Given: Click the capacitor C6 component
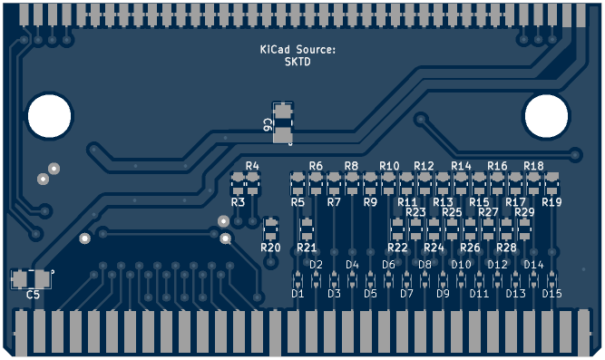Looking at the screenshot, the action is (x=283, y=123).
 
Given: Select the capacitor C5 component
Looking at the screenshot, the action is (x=31, y=278).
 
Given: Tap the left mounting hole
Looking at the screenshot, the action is (x=49, y=116).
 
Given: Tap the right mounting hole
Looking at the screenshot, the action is (x=546, y=116).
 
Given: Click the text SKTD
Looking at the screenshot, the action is (x=298, y=62).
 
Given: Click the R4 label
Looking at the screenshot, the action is (x=252, y=166).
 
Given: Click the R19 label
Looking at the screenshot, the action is (x=551, y=202).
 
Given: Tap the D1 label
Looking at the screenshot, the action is (x=298, y=294).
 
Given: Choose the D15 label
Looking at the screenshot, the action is (x=551, y=294).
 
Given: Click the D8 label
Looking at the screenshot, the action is (x=424, y=265).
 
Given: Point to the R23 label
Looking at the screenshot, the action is (x=415, y=212).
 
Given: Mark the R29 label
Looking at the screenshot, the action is (x=524, y=212).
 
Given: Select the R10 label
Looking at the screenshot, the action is (x=389, y=166).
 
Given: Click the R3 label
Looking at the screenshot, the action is (x=238, y=202).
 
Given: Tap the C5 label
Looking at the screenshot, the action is (x=33, y=295).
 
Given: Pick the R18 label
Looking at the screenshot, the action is (x=533, y=166).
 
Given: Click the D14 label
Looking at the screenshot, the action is (x=533, y=265).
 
